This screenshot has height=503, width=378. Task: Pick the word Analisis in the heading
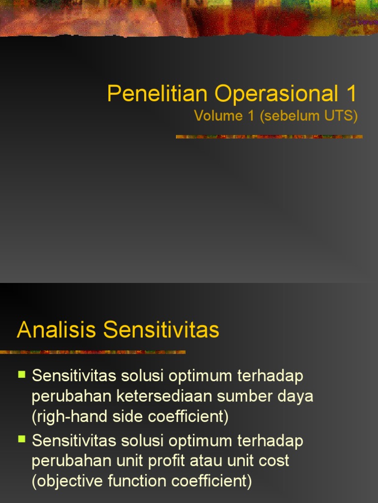pos(56,330)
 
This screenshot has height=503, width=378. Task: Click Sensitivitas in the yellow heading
pos(161,330)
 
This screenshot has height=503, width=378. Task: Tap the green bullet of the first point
pos(22,374)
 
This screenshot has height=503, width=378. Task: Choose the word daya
pos(296,396)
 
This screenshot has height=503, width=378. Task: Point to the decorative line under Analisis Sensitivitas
pos(93,352)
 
